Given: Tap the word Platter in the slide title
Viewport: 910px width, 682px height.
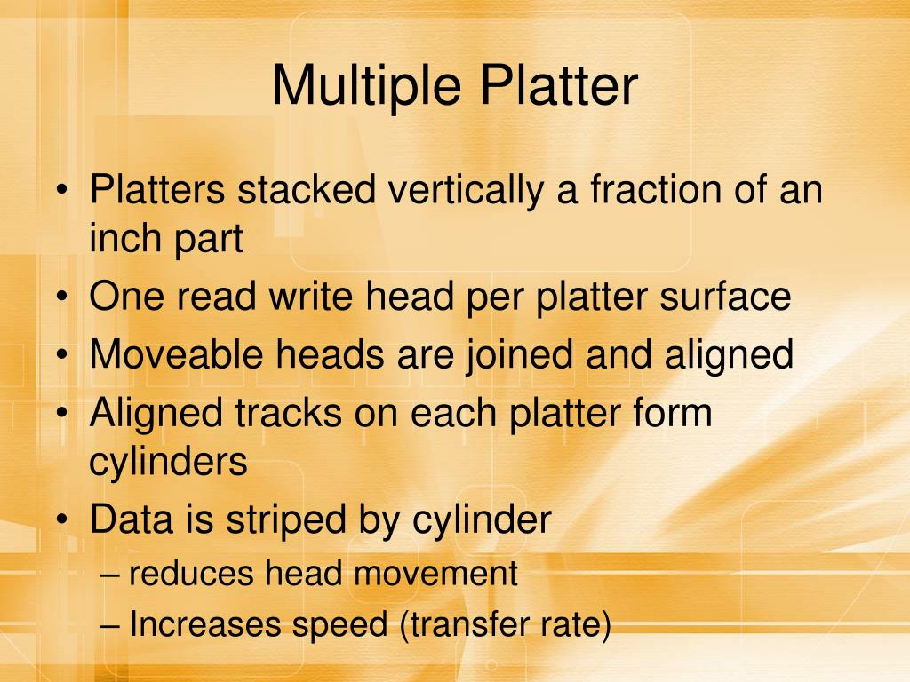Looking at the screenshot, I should tap(560, 86).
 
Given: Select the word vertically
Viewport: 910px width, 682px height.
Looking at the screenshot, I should tap(462, 192).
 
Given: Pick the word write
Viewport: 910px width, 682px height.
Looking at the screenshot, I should tap(296, 297).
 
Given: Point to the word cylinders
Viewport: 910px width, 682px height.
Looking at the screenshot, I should tap(168, 462).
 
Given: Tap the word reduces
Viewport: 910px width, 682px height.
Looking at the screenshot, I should tap(191, 574).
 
